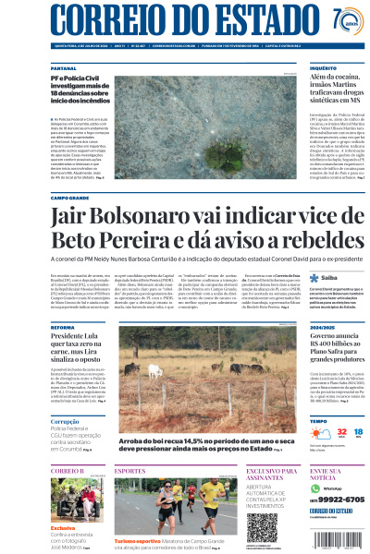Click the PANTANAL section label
click(64, 68)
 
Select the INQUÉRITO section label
click(323, 68)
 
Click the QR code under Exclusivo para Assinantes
click(262, 525)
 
